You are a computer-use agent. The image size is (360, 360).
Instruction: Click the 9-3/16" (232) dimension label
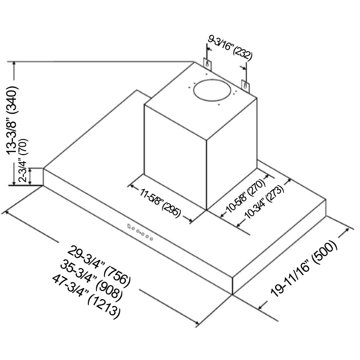(230, 49)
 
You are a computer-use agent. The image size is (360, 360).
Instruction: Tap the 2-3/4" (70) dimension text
(23, 160)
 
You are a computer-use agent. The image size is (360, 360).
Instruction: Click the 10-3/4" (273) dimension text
(264, 202)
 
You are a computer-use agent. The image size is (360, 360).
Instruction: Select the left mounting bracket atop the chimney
(207, 63)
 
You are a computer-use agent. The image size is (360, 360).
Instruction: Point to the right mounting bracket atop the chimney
(245, 86)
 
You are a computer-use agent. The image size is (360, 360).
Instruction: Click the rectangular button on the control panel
(129, 226)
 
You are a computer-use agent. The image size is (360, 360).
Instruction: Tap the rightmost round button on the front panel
(151, 239)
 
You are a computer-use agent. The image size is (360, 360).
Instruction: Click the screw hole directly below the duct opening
(219, 105)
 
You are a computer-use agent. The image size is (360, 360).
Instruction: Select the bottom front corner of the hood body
(233, 294)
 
